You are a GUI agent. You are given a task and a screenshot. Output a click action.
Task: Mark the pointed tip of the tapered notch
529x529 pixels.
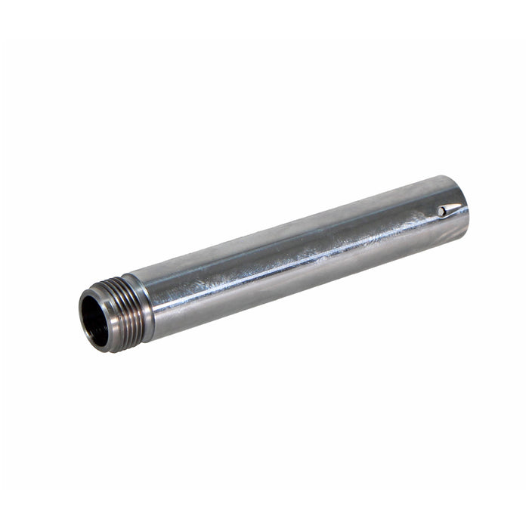pyautogui.click(x=462, y=206)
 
